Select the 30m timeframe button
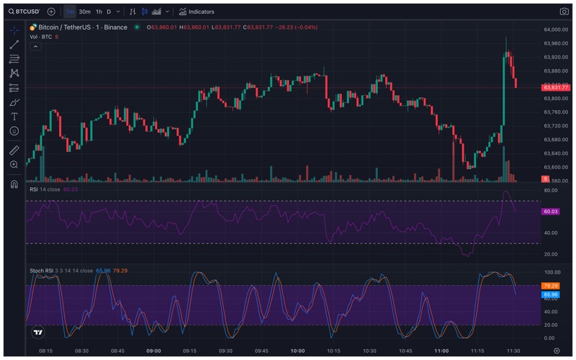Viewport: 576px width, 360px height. (x=84, y=12)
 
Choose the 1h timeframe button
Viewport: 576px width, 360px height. (x=99, y=12)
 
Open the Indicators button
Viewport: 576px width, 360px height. (x=197, y=12)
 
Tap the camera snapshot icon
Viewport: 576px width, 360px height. (x=564, y=12)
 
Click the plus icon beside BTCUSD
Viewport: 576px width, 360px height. (x=50, y=12)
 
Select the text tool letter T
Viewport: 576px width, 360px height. (x=14, y=116)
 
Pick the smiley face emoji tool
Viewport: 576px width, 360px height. (x=14, y=131)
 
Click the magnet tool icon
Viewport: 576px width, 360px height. (x=14, y=184)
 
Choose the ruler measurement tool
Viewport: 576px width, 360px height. (x=14, y=150)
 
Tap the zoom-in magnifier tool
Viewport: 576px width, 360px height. (x=14, y=165)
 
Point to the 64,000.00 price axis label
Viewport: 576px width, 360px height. (x=557, y=30)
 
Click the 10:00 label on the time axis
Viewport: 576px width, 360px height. (x=297, y=351)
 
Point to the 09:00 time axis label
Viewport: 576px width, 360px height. (x=153, y=351)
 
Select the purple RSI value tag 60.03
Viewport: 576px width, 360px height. (x=551, y=212)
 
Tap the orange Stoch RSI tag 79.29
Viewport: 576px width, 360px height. (x=551, y=286)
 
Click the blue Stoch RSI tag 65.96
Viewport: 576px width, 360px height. (x=551, y=294)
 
